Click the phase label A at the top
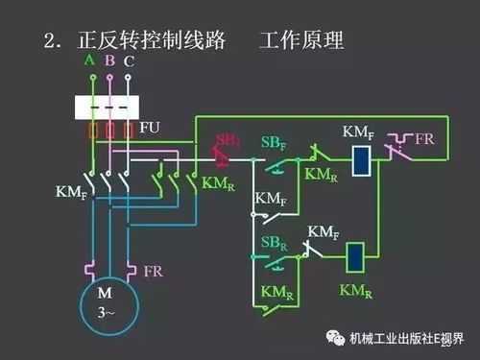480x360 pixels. (x=90, y=60)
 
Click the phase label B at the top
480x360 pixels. (x=109, y=60)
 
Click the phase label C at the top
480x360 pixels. (x=130, y=61)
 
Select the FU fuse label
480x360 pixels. (x=150, y=127)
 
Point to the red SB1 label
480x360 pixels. (x=227, y=142)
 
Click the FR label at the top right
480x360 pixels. (x=424, y=138)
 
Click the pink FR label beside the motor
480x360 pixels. (x=153, y=272)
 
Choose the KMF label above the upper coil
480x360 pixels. (x=358, y=131)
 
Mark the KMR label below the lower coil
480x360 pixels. (x=356, y=288)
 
